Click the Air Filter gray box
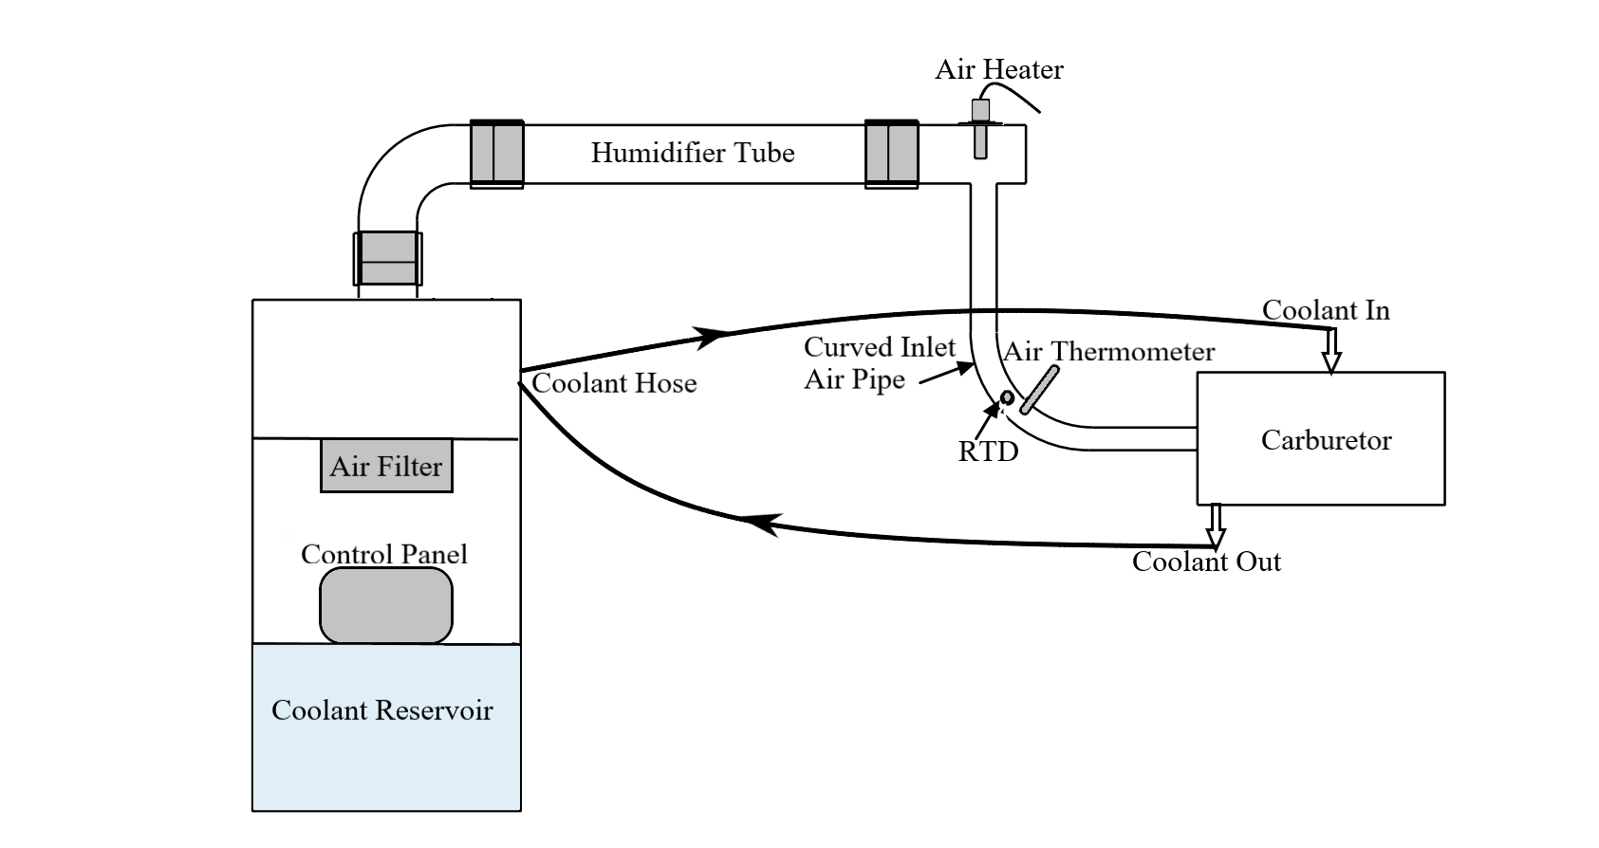coord(386,466)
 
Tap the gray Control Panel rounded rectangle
coord(386,605)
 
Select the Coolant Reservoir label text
coord(381,710)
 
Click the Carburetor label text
coord(1326,440)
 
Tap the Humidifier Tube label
coord(693,153)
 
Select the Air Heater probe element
coord(981,129)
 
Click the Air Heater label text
coord(998,69)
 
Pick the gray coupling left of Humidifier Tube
coord(497,153)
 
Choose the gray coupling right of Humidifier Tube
coord(891,153)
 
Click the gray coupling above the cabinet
coord(387,258)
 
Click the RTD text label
coord(988,452)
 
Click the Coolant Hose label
coord(614,383)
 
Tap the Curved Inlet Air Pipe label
coord(878,363)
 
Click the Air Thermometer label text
coord(1108,352)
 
